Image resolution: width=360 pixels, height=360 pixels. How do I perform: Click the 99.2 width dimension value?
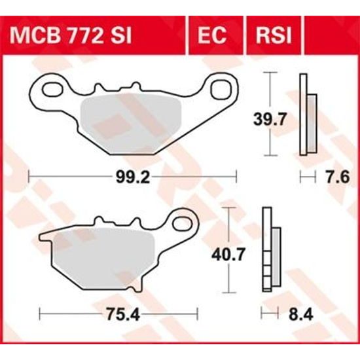(x=132, y=176)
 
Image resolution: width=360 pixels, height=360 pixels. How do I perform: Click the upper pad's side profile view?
(x=307, y=115)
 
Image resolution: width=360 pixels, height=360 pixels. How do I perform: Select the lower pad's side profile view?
(x=269, y=249)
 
